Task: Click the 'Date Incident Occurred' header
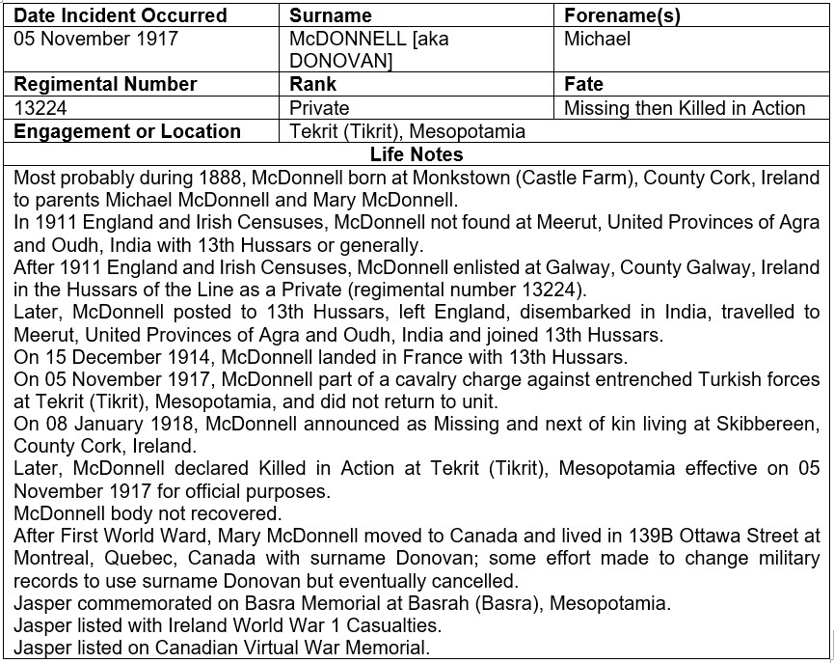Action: pyautogui.click(x=121, y=15)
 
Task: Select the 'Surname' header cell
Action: pyautogui.click(x=330, y=15)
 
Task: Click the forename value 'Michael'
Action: pyautogui.click(x=597, y=39)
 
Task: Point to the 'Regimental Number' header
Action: pyautogui.click(x=105, y=84)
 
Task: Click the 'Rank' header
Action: pyautogui.click(x=312, y=84)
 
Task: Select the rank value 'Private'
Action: pyautogui.click(x=319, y=108)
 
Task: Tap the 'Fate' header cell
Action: pyautogui.click(x=583, y=84)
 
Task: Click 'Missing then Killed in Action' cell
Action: pyautogui.click(x=685, y=108)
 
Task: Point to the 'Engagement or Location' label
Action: pyautogui.click(x=127, y=131)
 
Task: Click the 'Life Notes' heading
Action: pyautogui.click(x=417, y=154)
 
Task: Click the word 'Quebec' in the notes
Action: pyautogui.click(x=134, y=559)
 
